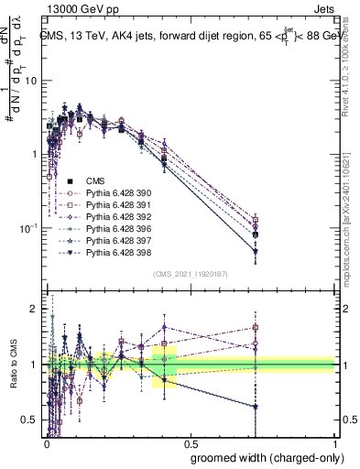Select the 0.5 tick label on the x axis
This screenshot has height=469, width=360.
coord(190,442)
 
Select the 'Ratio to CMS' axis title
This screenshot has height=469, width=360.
coord(12,365)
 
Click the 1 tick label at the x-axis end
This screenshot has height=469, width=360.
coord(334,442)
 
